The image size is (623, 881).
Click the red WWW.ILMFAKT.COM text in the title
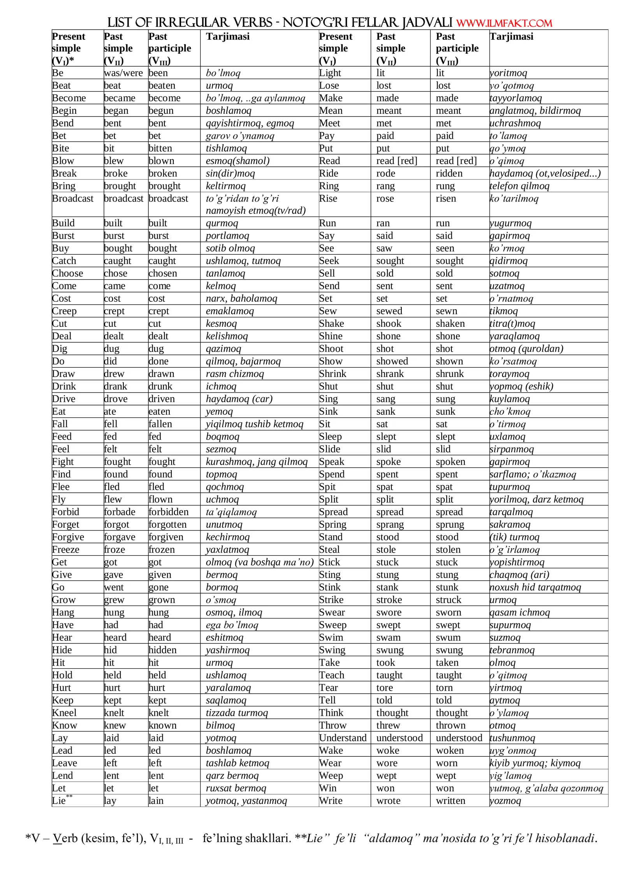pyautogui.click(x=504, y=23)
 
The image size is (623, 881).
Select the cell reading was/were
pyautogui.click(x=123, y=73)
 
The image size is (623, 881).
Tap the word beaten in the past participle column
pyautogui.click(x=162, y=85)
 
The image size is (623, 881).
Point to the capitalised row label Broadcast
pyautogui.click(x=73, y=198)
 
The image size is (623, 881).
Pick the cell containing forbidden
pyautogui.click(x=169, y=512)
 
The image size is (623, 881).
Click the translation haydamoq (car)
pyautogui.click(x=239, y=399)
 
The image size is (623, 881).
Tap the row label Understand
pyautogui.click(x=343, y=738)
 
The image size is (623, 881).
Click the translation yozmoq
pyautogui.click(x=505, y=800)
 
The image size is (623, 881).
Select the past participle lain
pyautogui.click(x=156, y=800)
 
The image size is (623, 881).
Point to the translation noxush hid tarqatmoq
pyautogui.click(x=535, y=587)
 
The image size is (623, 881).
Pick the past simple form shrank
pyautogui.click(x=390, y=374)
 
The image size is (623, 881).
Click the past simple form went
pyautogui.click(x=114, y=587)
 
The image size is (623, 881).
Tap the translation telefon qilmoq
pyautogui.click(x=519, y=186)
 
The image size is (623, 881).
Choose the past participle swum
pyautogui.click(x=448, y=637)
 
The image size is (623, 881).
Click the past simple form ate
pyautogui.click(x=110, y=411)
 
